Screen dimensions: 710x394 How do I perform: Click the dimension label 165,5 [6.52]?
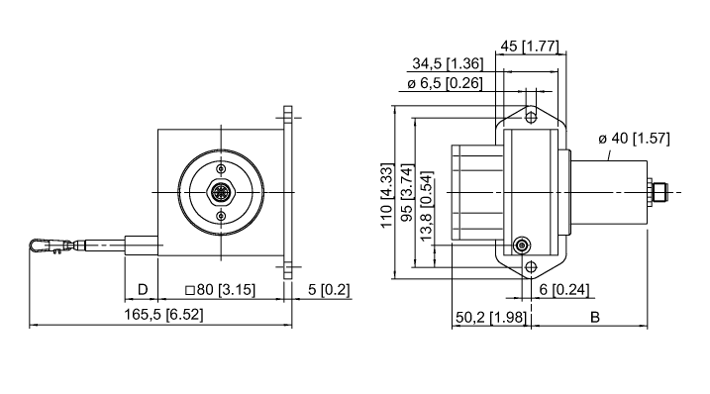[164, 314]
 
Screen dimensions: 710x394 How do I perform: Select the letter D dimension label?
[143, 290]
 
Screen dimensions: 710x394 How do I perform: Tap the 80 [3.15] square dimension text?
[221, 290]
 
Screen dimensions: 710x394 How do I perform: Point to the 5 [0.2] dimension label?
[329, 290]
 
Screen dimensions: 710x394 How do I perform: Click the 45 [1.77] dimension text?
[530, 47]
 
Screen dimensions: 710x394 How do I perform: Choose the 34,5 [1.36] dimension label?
[448, 63]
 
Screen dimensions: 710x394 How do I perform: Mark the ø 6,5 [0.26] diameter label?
[445, 83]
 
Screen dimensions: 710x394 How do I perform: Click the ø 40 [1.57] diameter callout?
[634, 139]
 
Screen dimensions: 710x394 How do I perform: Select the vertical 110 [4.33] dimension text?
[387, 195]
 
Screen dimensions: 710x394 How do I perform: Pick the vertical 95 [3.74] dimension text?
[408, 193]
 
